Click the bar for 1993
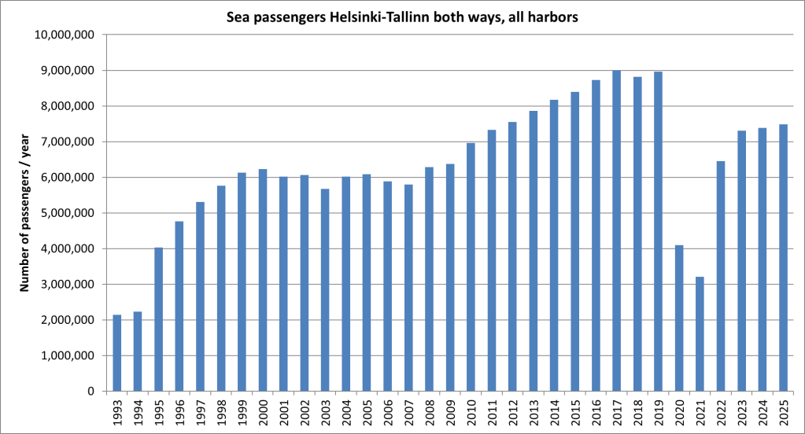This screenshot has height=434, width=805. click(x=117, y=353)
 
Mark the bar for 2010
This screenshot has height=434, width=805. click(x=471, y=267)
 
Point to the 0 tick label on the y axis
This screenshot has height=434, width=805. click(x=91, y=392)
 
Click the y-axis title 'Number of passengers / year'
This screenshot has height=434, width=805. click(x=24, y=213)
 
